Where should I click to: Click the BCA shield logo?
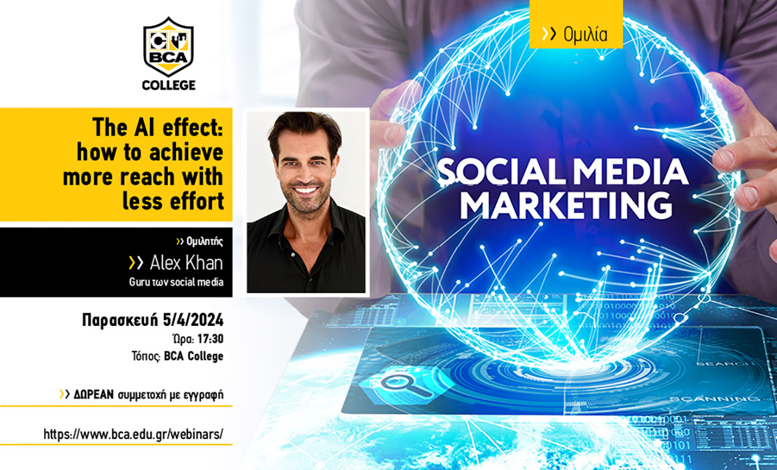click(x=169, y=47)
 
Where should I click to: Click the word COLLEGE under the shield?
click(x=169, y=86)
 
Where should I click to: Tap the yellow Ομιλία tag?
click(x=576, y=25)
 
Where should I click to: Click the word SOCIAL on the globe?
click(x=501, y=172)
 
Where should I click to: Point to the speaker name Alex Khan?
click(x=186, y=263)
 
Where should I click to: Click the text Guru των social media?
click(x=176, y=282)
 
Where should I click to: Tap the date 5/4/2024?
click(x=193, y=320)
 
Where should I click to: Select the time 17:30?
click(x=210, y=339)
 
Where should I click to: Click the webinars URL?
click(x=133, y=434)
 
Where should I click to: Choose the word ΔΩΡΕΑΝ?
click(x=94, y=395)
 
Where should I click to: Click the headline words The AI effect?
click(x=157, y=128)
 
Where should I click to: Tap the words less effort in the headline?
click(x=173, y=202)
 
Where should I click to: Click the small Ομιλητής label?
click(x=204, y=241)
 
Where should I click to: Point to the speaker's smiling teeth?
click(x=305, y=190)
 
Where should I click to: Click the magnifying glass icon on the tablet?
click(x=405, y=385)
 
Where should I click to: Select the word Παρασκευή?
click(x=120, y=320)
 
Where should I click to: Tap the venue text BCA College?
click(x=194, y=356)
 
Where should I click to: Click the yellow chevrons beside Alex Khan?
click(x=136, y=263)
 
